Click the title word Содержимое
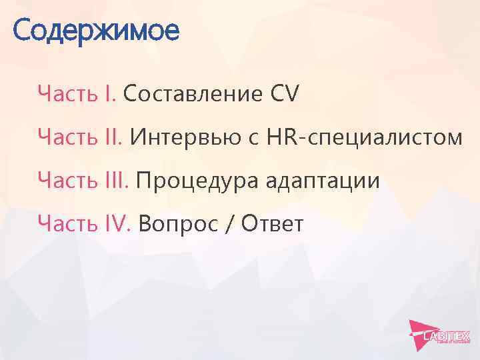tap(95, 31)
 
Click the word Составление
tap(193, 95)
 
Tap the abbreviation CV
tap(285, 95)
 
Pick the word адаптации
tap(323, 181)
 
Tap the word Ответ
tap(272, 225)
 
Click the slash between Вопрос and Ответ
tap(229, 225)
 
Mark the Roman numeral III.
tap(118, 181)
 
